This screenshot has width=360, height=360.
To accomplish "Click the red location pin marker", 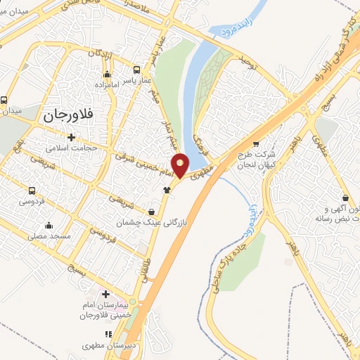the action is (x=181, y=165).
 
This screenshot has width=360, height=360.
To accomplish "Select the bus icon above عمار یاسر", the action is (x=137, y=70).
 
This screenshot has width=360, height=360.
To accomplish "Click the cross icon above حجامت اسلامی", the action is (x=70, y=136).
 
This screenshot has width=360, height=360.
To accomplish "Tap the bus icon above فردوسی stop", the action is (x=32, y=191).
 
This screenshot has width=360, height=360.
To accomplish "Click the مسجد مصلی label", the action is (x=49, y=237).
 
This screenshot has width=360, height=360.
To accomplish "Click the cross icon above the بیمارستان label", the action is (x=105, y=294).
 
